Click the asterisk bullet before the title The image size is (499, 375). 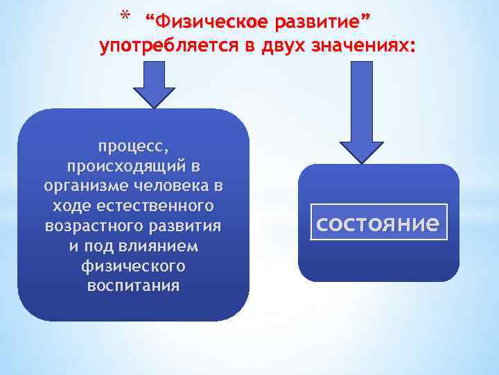point(125,15)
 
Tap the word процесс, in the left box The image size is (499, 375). point(132,147)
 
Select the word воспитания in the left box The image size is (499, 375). point(133,285)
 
